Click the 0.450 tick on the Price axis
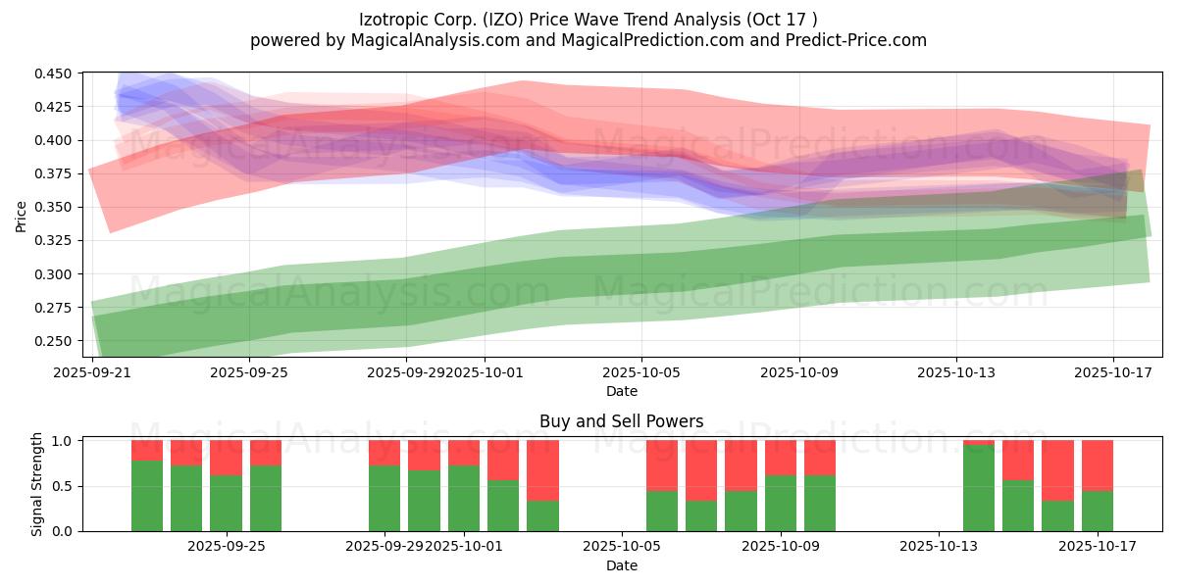[x=57, y=73]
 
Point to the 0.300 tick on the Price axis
[x=57, y=274]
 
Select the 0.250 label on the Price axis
[x=57, y=341]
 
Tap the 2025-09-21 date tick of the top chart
[x=92, y=372]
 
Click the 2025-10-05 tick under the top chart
[x=641, y=372]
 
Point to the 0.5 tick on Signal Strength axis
[x=65, y=486]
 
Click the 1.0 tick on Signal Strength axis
[x=65, y=441]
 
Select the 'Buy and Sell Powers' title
[x=621, y=422]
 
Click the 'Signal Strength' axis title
[x=37, y=485]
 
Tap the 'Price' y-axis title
[x=22, y=217]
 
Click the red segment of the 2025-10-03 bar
[x=542, y=470]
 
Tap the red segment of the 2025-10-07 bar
[x=701, y=470]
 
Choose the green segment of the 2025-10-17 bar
[x=1098, y=511]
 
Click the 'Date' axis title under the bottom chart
[x=621, y=565]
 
